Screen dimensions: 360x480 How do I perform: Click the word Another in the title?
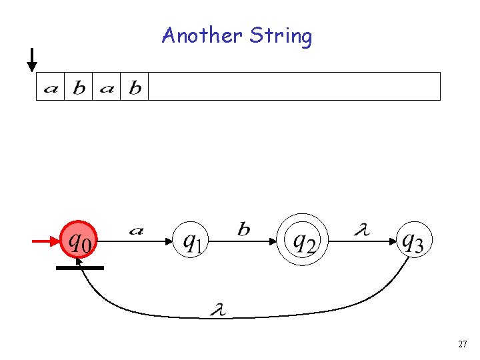[x=203, y=35]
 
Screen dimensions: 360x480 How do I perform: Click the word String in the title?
[x=281, y=36]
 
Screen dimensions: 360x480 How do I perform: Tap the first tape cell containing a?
[x=50, y=87]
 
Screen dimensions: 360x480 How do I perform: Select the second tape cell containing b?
[x=79, y=87]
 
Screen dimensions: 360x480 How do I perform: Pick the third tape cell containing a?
[x=107, y=87]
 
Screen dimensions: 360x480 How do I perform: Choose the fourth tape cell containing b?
[x=135, y=87]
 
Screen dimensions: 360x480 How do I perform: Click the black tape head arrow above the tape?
[x=31, y=60]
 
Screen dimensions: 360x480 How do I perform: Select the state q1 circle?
[x=191, y=240]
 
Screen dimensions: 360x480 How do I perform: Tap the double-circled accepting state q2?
[x=303, y=240]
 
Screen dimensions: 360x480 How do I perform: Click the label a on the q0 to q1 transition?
[x=136, y=231]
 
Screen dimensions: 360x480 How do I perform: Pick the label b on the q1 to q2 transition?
[x=244, y=230]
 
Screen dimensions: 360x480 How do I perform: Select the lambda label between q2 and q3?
[x=361, y=231]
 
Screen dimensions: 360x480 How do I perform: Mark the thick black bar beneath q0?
[x=79, y=267]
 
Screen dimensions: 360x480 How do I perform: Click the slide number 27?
[x=462, y=344]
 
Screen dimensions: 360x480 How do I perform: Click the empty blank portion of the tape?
[x=293, y=87]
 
